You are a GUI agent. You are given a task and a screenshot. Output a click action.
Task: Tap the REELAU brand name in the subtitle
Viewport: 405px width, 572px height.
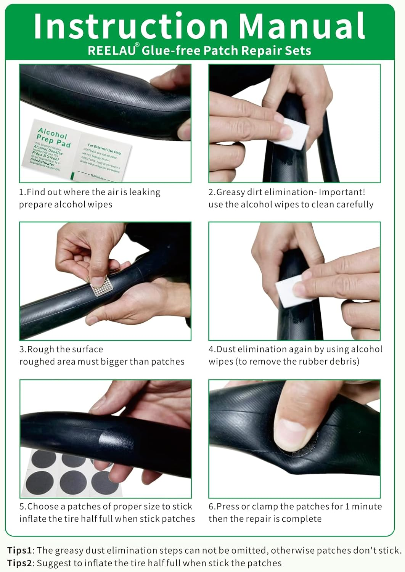tap(111, 51)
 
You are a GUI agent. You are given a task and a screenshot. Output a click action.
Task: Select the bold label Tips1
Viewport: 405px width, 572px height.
tap(20, 550)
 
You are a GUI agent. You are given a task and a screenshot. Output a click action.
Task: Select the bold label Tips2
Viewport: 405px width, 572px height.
tap(20, 563)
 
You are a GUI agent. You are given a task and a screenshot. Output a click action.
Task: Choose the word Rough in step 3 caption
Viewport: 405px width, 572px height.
tap(39, 349)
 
